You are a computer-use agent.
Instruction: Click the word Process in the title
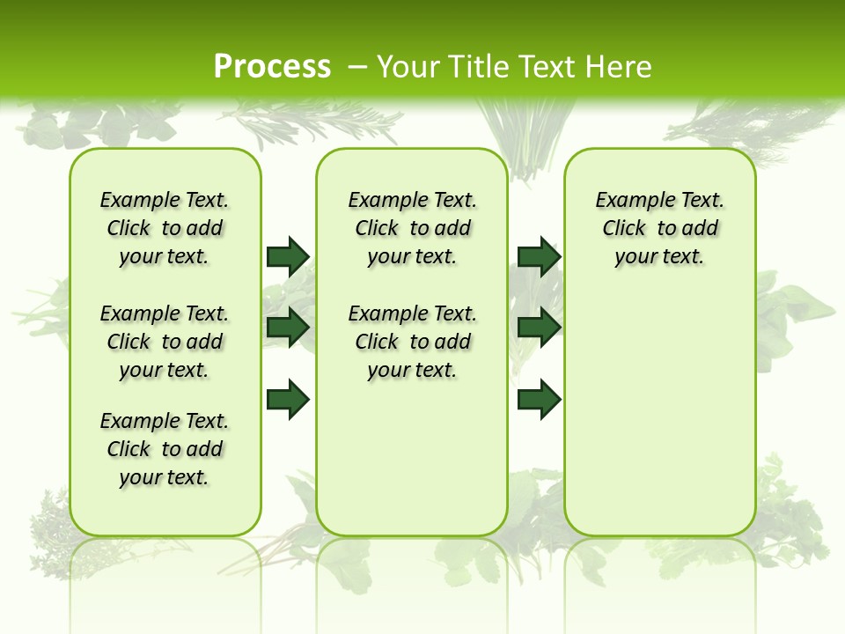pos(272,66)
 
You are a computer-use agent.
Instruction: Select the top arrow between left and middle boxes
pos(288,256)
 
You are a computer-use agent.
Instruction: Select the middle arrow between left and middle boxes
pos(288,328)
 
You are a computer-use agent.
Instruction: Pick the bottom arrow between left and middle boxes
pos(288,399)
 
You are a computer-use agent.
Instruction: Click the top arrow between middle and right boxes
pos(539,256)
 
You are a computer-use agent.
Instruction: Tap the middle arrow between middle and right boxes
pos(539,328)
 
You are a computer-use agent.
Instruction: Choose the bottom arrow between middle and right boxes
pos(539,399)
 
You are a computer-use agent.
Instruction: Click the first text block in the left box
pos(165,228)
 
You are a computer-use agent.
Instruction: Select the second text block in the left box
pos(165,342)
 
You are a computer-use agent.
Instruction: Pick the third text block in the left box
pos(165,449)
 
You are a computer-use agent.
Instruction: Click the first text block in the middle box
pos(413,228)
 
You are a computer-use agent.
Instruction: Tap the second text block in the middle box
pos(413,342)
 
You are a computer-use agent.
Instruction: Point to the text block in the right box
pos(660,228)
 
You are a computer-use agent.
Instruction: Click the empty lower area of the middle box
pos(412,458)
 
